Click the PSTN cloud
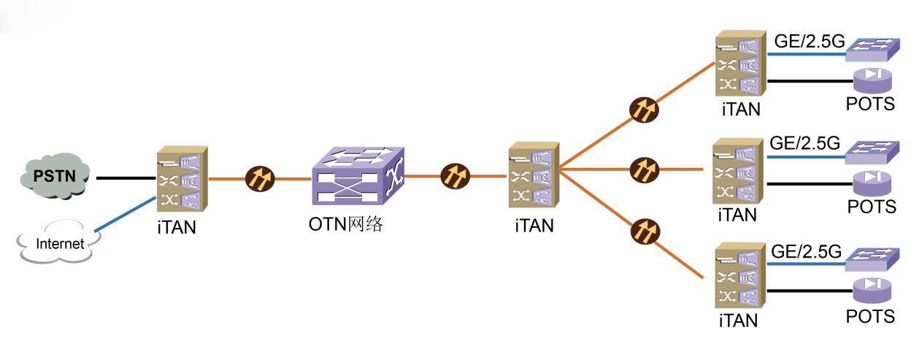tap(55, 175)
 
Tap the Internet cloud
tap(59, 243)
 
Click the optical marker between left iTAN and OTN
tap(259, 177)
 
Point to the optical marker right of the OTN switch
tap(455, 176)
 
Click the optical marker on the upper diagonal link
tap(645, 110)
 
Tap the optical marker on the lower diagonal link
tap(645, 232)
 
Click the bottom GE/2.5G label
tap(806, 253)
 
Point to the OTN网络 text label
tap(346, 224)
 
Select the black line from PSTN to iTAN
tap(124, 177)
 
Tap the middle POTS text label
tap(871, 207)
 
